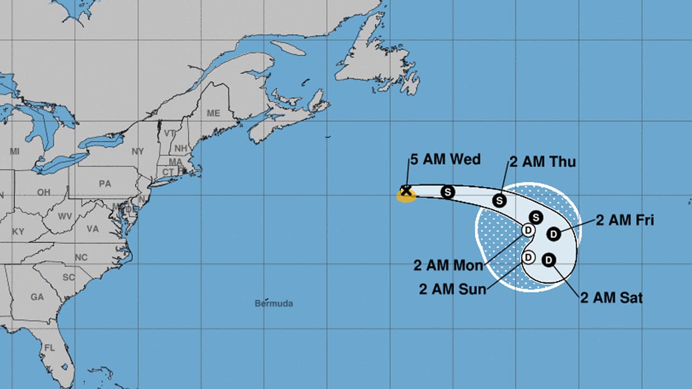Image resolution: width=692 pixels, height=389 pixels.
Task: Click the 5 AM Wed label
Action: [445, 159]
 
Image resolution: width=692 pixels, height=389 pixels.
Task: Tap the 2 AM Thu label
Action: [542, 162]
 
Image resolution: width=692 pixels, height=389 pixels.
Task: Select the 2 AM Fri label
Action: [625, 220]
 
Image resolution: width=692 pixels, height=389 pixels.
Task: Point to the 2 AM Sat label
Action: [611, 297]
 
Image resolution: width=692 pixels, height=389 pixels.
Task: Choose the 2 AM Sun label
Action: [453, 289]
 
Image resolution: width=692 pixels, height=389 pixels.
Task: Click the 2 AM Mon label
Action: [448, 265]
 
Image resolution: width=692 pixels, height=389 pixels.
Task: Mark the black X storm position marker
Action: [405, 190]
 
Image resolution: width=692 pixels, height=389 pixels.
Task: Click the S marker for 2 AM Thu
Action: [500, 200]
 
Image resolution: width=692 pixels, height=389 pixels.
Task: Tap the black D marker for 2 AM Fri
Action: [553, 234]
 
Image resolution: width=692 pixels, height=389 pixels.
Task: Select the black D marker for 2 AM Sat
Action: [548, 260]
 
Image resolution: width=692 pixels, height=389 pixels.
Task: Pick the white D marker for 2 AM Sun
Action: [528, 257]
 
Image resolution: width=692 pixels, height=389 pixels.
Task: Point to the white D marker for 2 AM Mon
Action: [528, 230]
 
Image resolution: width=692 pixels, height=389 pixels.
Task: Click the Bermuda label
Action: [274, 304]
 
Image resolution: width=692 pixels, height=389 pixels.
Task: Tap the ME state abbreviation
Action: [214, 113]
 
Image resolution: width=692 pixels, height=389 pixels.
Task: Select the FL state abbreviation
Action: [49, 348]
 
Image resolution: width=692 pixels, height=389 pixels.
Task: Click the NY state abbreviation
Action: [138, 151]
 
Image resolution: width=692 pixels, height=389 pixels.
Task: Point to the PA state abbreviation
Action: [105, 184]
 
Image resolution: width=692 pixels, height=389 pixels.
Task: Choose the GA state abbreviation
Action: [37, 297]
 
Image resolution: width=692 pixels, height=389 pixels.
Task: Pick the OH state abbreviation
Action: [44, 192]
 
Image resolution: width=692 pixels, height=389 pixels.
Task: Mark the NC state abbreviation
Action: [81, 257]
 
